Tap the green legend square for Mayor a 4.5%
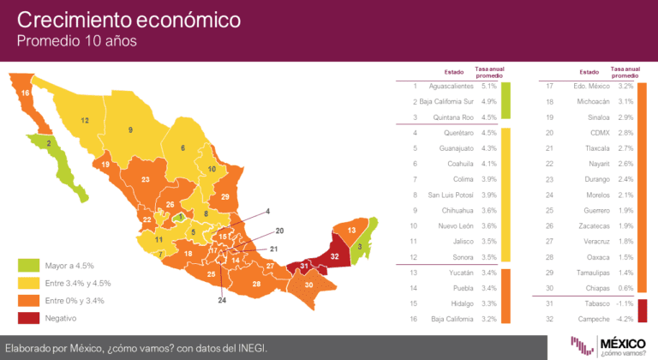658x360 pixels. point(28,265)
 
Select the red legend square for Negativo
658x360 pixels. point(28,317)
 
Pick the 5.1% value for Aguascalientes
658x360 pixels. point(489,87)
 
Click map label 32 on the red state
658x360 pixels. point(335,256)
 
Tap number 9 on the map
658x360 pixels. point(131,129)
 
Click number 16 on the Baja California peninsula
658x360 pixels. point(26,93)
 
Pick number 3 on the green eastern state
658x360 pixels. point(360,248)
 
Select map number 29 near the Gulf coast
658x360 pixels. point(224,197)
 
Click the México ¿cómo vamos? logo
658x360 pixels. point(613,345)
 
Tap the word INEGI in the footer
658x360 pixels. point(249,347)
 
